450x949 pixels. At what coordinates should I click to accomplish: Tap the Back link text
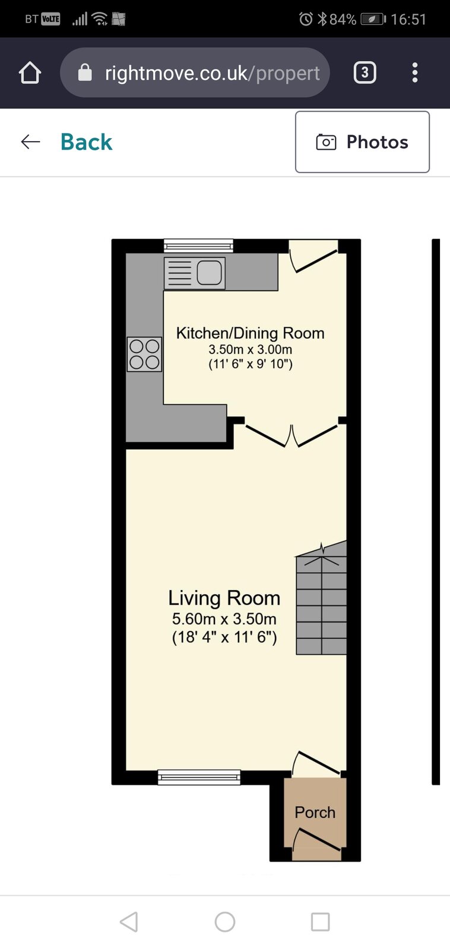tap(87, 142)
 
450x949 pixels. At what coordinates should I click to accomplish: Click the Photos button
tap(362, 142)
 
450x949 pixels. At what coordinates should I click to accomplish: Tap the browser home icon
tap(30, 72)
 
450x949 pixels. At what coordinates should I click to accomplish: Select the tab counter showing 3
tap(365, 72)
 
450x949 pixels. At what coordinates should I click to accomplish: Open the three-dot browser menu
tap(415, 72)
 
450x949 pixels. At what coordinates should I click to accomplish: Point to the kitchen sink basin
tap(209, 272)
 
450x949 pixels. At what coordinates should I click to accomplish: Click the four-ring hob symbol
tap(144, 354)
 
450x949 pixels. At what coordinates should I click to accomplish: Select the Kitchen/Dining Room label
tap(251, 333)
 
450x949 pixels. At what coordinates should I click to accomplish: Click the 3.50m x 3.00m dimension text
tap(251, 349)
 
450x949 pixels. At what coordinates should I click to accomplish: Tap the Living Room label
tap(224, 598)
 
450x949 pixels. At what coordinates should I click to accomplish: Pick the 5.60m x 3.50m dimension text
tap(224, 619)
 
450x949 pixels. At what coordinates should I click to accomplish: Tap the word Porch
tap(315, 813)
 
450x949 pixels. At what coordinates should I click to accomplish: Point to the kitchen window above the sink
tap(198, 246)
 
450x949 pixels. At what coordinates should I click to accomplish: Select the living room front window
tap(199, 777)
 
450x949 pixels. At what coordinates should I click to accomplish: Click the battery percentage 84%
tap(343, 19)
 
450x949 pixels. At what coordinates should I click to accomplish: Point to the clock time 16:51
tap(408, 19)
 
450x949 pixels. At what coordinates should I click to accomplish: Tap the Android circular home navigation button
tap(225, 922)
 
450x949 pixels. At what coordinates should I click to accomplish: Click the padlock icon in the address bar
tap(85, 72)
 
